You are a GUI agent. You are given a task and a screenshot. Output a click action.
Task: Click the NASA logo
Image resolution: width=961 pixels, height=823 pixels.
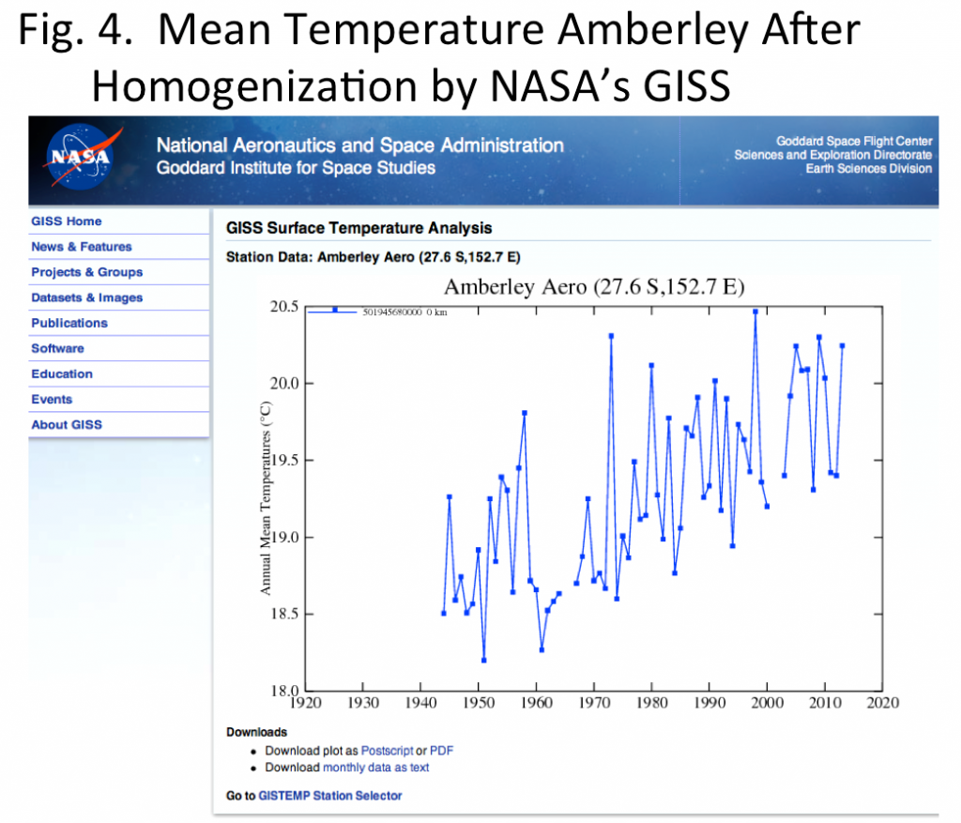pyautogui.click(x=81, y=157)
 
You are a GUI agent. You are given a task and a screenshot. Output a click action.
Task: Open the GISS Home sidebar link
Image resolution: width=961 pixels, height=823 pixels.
pyautogui.click(x=67, y=221)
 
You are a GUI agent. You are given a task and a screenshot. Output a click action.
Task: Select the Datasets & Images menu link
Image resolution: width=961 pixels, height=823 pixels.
pyautogui.click(x=86, y=297)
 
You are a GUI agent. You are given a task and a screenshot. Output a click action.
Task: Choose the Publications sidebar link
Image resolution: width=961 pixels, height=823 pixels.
pyautogui.click(x=69, y=323)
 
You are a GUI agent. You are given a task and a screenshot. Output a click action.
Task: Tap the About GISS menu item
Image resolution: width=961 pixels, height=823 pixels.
pyautogui.click(x=67, y=425)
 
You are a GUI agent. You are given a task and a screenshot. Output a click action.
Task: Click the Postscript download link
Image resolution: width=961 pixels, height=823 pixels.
pyautogui.click(x=387, y=751)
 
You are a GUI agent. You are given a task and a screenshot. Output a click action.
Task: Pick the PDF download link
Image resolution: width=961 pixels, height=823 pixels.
pyautogui.click(x=441, y=751)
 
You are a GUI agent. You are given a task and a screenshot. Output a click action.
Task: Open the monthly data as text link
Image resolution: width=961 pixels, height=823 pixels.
pyautogui.click(x=375, y=768)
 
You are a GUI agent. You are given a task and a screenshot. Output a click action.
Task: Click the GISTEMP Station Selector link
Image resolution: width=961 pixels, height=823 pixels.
pyautogui.click(x=329, y=796)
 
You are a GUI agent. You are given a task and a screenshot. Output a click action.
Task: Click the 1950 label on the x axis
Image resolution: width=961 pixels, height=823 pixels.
pyautogui.click(x=479, y=703)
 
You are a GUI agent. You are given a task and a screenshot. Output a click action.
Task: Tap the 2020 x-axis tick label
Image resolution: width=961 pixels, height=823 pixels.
pyautogui.click(x=882, y=703)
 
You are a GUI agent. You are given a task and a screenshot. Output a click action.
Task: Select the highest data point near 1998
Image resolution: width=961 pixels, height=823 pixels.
pyautogui.click(x=755, y=312)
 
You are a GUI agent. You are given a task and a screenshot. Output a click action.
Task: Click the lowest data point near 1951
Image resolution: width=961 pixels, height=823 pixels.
pyautogui.click(x=484, y=660)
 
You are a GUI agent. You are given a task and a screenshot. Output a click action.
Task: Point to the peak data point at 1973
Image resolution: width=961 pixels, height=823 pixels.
pyautogui.click(x=611, y=336)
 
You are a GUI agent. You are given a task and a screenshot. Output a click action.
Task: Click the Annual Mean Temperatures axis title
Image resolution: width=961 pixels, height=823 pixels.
pyautogui.click(x=266, y=498)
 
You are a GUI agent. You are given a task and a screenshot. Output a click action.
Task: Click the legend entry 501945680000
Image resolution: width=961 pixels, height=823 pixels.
pyautogui.click(x=392, y=312)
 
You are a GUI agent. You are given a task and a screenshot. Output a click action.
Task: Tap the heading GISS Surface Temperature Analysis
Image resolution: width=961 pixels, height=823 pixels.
pyautogui.click(x=358, y=228)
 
